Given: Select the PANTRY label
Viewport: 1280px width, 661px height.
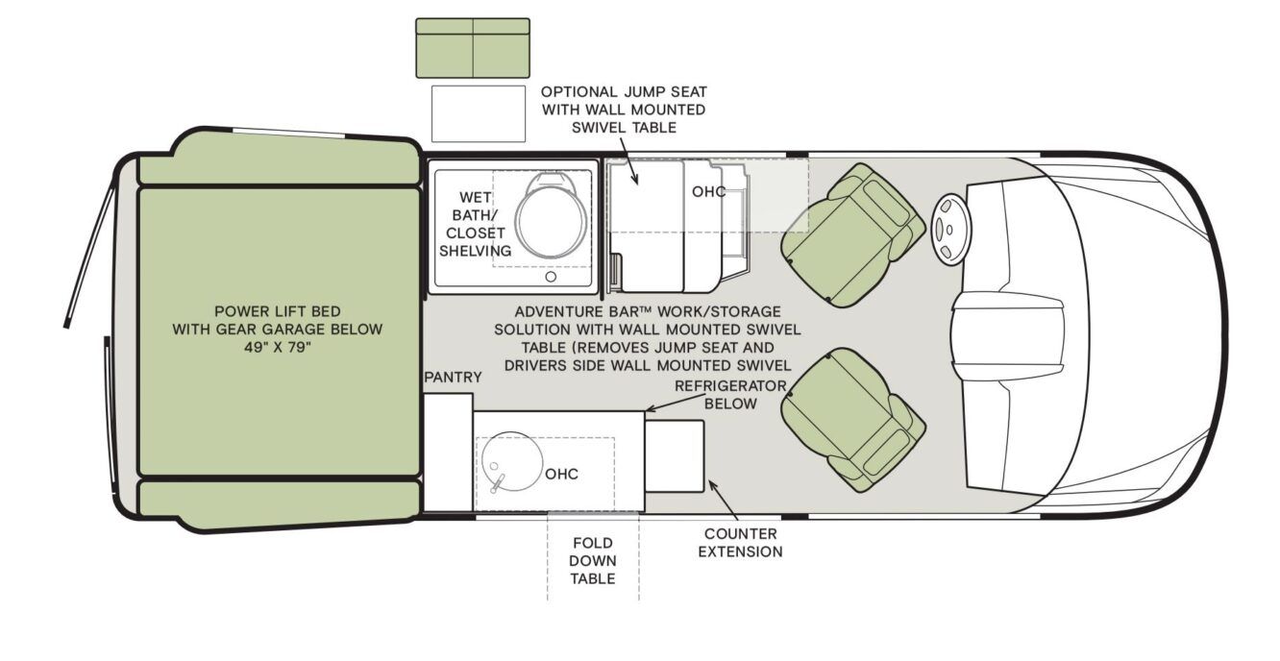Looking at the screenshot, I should (453, 378).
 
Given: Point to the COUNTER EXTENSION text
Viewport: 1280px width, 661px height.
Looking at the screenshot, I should (740, 543).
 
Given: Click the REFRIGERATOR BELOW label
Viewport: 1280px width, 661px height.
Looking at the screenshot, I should (729, 395).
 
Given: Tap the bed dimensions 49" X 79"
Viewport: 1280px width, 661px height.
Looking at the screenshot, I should (278, 347).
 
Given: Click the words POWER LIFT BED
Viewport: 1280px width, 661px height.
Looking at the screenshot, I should (277, 311).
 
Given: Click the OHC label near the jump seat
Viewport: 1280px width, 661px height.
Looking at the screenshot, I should (708, 191).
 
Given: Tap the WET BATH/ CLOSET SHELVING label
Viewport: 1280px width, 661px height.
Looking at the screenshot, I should (475, 225).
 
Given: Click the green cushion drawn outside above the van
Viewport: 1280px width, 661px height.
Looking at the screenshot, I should (472, 47).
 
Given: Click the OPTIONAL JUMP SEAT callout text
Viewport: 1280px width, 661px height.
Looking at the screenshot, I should (623, 110).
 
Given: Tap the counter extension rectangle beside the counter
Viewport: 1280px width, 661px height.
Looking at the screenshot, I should (674, 455).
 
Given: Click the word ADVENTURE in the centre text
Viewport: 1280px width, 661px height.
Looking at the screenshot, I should (559, 312).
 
